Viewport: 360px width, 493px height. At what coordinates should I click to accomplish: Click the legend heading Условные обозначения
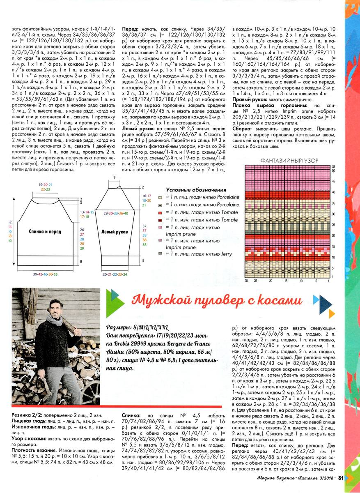point(196,190)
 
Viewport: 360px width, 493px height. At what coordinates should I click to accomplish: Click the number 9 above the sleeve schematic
point(114,177)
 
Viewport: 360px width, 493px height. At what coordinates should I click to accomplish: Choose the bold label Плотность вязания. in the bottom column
point(31,450)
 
